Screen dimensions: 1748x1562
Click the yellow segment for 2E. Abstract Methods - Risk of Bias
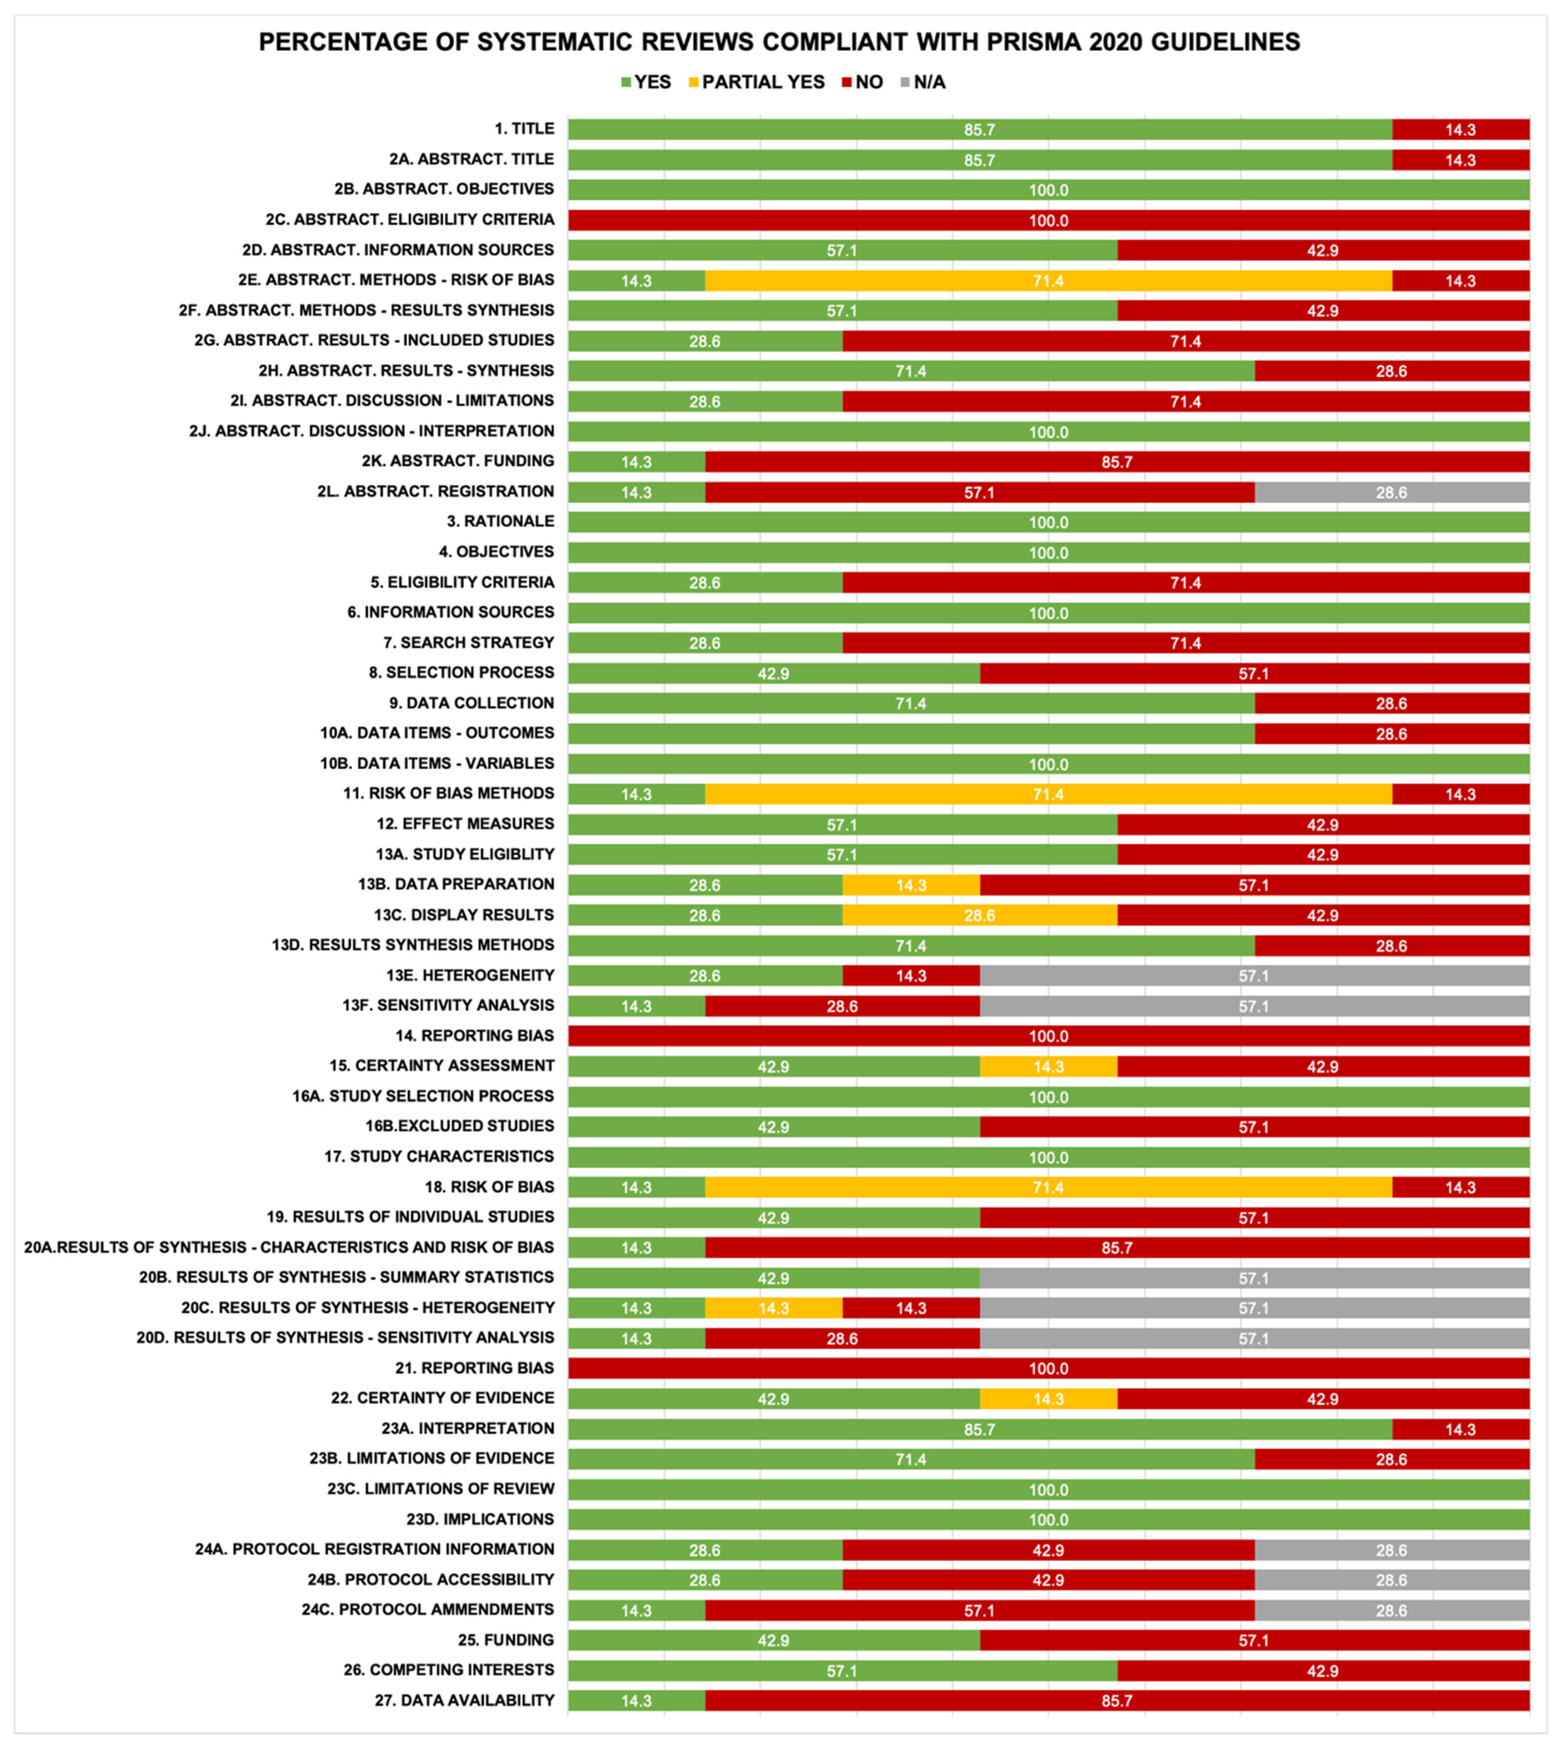[x=1048, y=281]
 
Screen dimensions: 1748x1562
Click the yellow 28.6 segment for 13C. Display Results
[x=979, y=915]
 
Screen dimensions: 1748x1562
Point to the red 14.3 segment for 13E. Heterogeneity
[x=911, y=976]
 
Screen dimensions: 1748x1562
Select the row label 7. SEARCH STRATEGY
[x=469, y=642]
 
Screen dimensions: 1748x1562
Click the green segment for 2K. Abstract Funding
[x=636, y=462]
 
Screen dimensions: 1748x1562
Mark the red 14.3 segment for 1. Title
[x=1460, y=130]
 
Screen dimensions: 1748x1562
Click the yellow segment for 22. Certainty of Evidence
[x=1048, y=1399]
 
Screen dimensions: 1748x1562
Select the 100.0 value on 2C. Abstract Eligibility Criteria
[x=1048, y=221]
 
